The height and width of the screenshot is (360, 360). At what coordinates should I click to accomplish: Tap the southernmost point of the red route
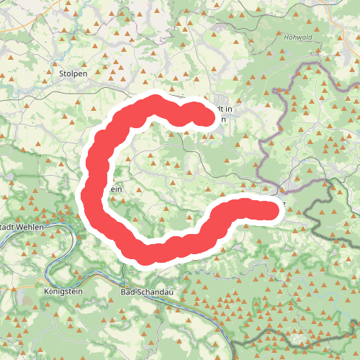pos(153,254)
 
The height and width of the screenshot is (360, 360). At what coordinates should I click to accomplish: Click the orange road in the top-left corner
pos(14,22)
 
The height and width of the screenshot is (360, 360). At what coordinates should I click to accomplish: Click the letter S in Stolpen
pos(61,73)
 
